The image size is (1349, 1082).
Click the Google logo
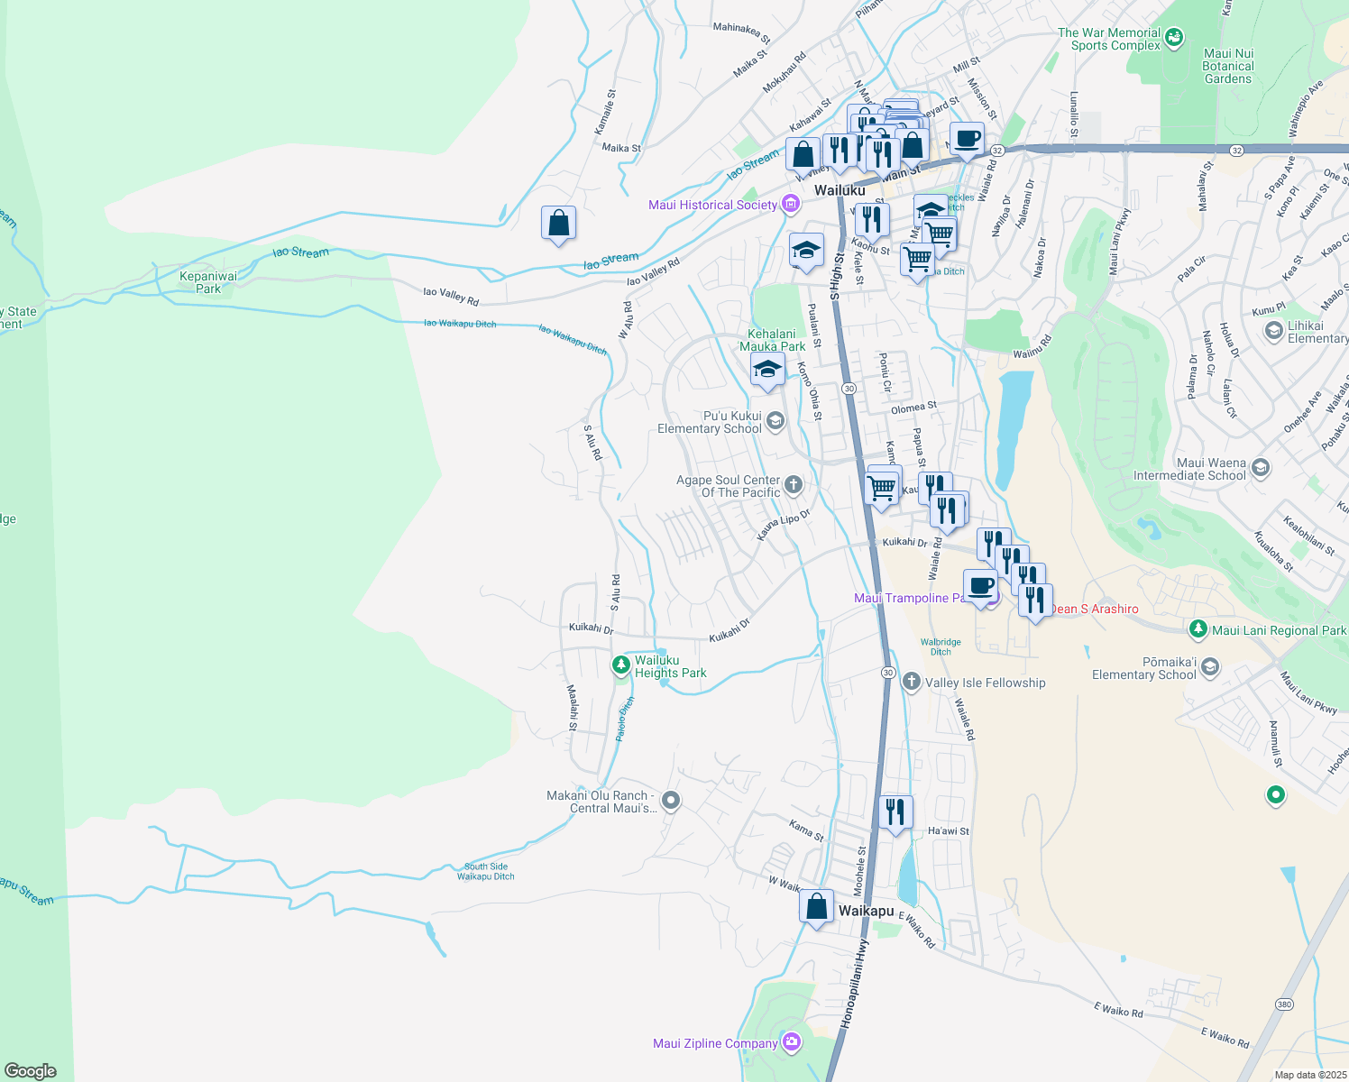[x=31, y=1070]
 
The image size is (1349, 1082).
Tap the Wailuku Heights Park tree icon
[x=620, y=666]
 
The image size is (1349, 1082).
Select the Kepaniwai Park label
[x=208, y=282]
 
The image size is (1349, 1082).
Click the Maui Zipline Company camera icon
[x=791, y=1042]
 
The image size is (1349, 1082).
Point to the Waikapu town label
[x=866, y=911]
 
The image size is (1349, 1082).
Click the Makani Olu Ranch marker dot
[x=670, y=800]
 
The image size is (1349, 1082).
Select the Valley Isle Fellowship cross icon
[x=911, y=682]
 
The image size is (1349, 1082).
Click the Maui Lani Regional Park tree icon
[x=1198, y=629]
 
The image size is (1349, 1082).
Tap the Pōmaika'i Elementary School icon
[x=1210, y=667]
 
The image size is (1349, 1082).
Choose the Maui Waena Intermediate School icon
[x=1261, y=468]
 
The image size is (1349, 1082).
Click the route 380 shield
[x=1284, y=1004]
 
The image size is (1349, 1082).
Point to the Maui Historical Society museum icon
[x=791, y=204]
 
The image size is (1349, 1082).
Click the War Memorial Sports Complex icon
[x=1173, y=38]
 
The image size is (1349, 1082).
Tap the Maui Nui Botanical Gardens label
[x=1228, y=66]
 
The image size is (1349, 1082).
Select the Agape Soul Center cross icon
[x=794, y=485]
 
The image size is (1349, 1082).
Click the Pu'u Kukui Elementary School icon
[x=775, y=420]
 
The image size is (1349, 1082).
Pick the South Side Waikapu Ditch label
[x=485, y=871]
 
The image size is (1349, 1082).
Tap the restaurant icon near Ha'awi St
[x=895, y=812]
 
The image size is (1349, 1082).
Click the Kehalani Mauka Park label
[x=773, y=340]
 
